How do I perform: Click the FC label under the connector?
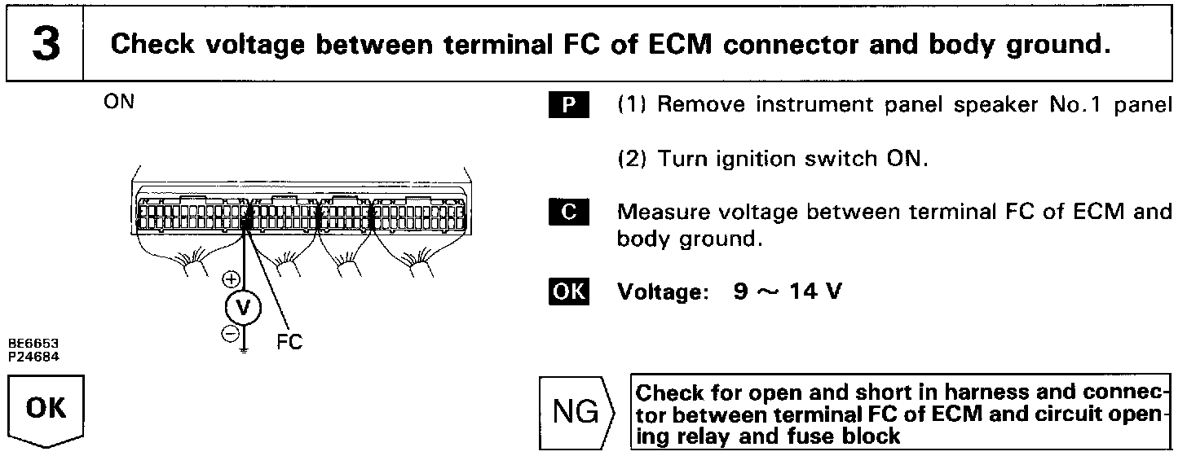click(289, 342)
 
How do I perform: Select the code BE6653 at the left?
click(29, 345)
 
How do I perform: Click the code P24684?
click(29, 355)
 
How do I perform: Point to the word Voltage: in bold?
click(659, 292)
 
